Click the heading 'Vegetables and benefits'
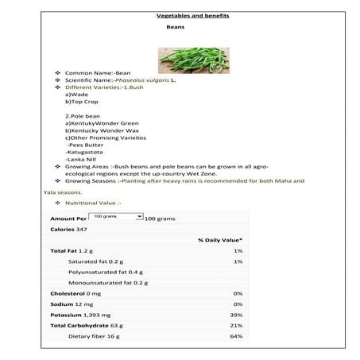coord(179,15)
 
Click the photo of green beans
coord(180,55)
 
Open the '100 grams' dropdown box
coord(116,216)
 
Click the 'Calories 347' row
coord(68,229)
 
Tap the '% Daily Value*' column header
coord(220,239)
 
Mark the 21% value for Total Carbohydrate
coord(237,326)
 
